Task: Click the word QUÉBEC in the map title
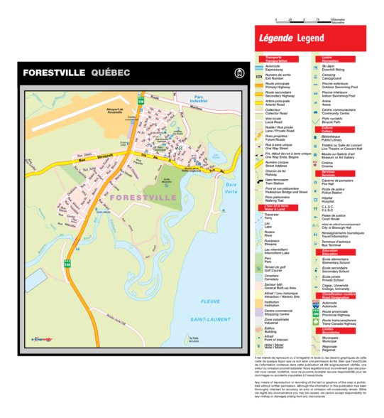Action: coord(111,73)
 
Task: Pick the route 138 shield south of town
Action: coord(69,262)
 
